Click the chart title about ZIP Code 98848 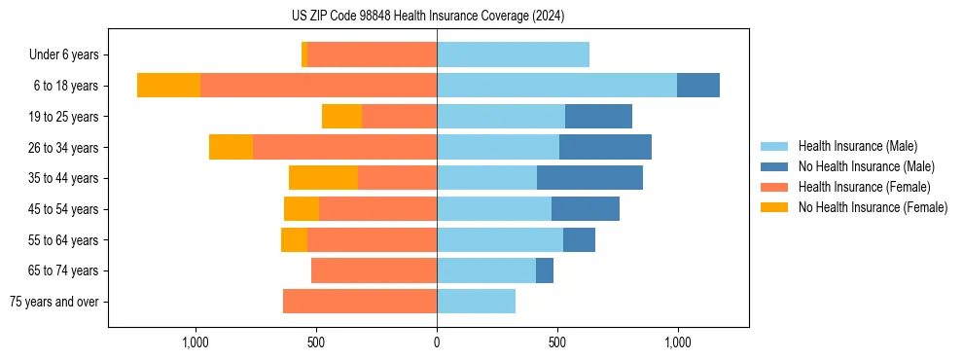click(x=428, y=17)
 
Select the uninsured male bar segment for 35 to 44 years click(x=589, y=178)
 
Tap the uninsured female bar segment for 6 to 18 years click(x=168, y=86)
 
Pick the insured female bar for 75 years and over click(x=360, y=302)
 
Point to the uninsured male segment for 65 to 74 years click(x=545, y=270)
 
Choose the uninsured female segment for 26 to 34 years click(x=231, y=147)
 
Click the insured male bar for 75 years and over click(x=476, y=302)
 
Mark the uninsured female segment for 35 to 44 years click(x=323, y=178)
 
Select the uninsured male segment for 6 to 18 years click(x=698, y=86)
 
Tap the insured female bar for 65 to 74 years click(x=374, y=270)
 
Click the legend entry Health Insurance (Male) click(x=857, y=146)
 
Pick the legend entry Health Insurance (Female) click(x=864, y=187)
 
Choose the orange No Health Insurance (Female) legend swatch click(x=774, y=207)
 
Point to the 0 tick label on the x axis click(x=437, y=342)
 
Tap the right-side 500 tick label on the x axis click(x=557, y=342)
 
